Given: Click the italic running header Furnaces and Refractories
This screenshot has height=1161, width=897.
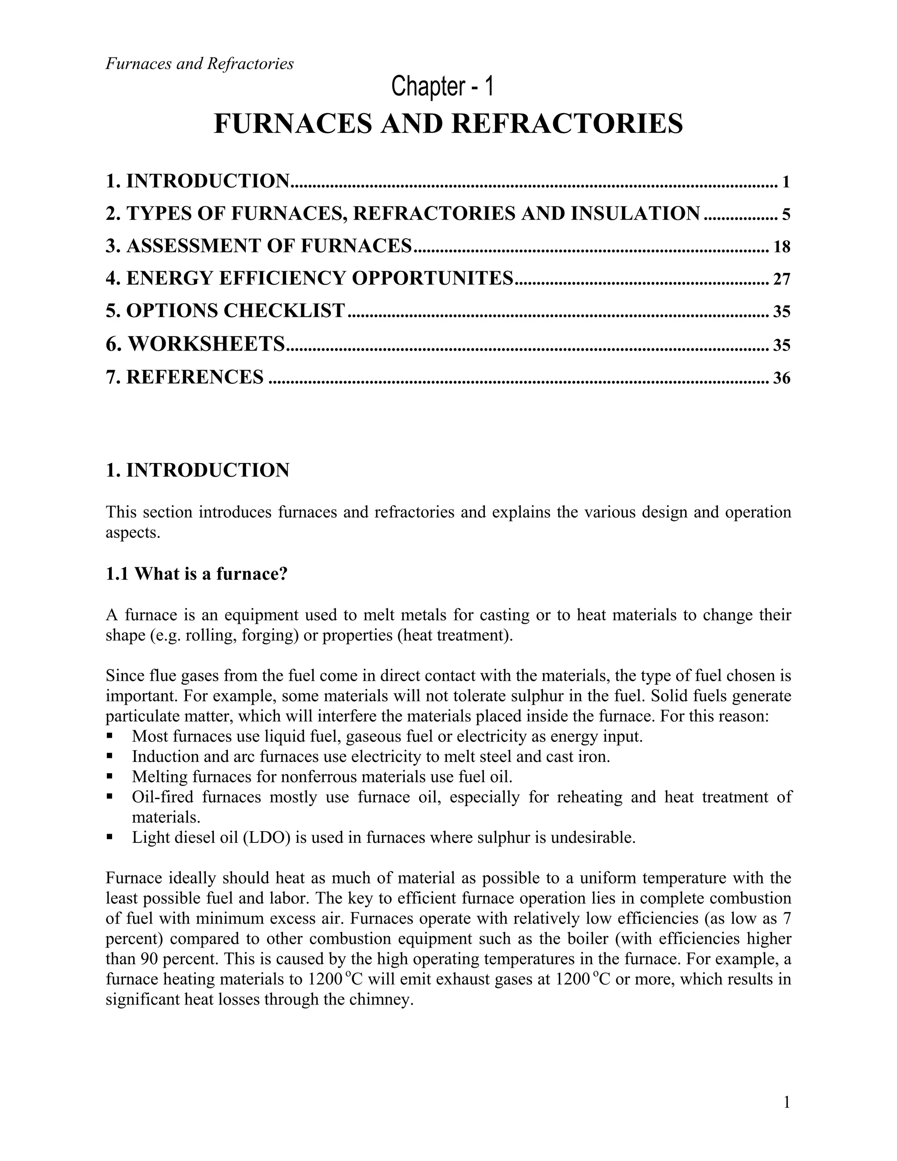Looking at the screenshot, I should (199, 64).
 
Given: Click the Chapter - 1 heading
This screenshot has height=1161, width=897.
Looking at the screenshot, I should (442, 87).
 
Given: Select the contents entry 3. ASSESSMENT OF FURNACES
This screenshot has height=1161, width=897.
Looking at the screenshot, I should (259, 246).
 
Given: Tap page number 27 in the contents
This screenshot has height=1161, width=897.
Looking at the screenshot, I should (782, 280).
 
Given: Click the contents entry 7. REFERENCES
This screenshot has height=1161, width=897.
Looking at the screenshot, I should (184, 377).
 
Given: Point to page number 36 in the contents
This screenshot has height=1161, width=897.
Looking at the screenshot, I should (782, 379).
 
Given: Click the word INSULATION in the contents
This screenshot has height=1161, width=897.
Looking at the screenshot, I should (635, 214).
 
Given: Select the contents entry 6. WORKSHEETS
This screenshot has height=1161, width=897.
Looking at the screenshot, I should (195, 344).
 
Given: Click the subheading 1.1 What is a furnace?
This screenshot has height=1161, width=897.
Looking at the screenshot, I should (196, 574).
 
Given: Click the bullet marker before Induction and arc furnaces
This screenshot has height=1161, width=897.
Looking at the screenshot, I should (109, 755).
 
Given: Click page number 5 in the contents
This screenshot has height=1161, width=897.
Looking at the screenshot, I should (786, 215).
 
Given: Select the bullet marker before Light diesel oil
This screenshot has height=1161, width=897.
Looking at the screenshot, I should (109, 837).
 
